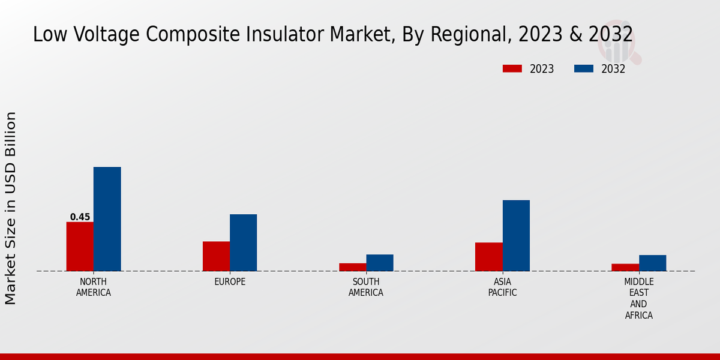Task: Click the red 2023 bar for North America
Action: pyautogui.click(x=80, y=247)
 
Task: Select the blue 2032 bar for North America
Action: pyautogui.click(x=107, y=219)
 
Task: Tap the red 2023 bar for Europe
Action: pyautogui.click(x=216, y=256)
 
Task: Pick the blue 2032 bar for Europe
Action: pyautogui.click(x=243, y=242)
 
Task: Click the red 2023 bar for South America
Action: pyautogui.click(x=352, y=267)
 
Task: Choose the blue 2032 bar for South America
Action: pyautogui.click(x=380, y=263)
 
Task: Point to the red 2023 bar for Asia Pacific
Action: pyautogui.click(x=488, y=257)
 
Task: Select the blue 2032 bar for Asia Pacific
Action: pyautogui.click(x=516, y=235)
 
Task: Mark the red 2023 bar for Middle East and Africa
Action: pyautogui.click(x=625, y=268)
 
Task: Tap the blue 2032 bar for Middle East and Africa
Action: pyautogui.click(x=652, y=263)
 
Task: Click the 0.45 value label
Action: pyautogui.click(x=80, y=217)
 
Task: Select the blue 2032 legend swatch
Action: pyautogui.click(x=583, y=69)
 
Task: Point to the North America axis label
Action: pyautogui.click(x=94, y=287)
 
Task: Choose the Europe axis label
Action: pyautogui.click(x=230, y=282)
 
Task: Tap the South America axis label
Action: pyautogui.click(x=366, y=287)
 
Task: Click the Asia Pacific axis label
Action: pyautogui.click(x=502, y=287)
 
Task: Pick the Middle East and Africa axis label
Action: pyautogui.click(x=638, y=298)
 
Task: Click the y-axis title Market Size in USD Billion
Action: pyautogui.click(x=11, y=208)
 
